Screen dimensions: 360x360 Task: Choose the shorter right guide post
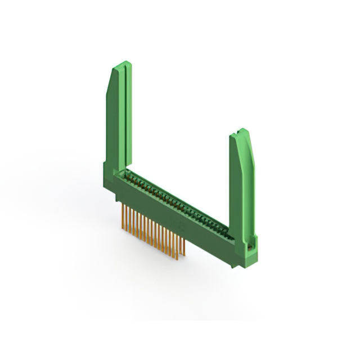click(242, 180)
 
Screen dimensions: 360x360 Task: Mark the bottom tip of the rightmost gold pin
click(183, 258)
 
